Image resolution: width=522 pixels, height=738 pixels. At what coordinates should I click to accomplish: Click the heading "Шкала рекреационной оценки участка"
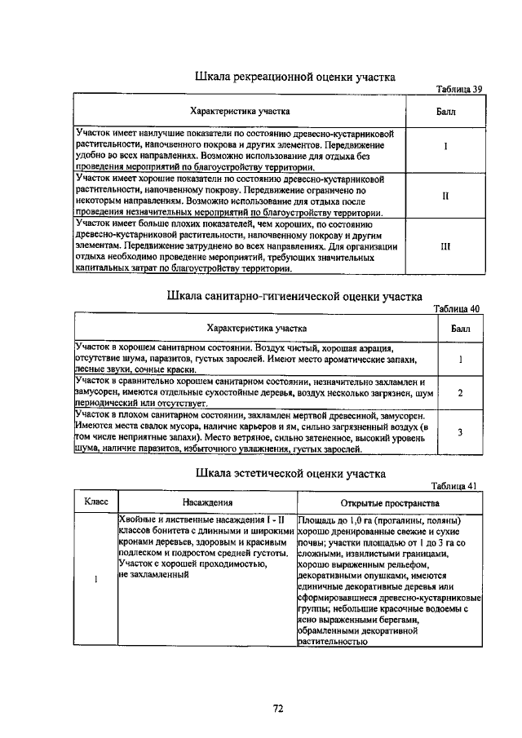295,77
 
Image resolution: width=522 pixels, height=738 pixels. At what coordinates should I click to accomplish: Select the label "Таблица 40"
458,308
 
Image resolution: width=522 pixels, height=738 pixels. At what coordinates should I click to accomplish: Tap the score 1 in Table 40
461,359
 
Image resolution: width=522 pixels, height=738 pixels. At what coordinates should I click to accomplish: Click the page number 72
277,709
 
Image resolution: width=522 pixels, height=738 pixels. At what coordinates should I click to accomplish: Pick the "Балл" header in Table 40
461,329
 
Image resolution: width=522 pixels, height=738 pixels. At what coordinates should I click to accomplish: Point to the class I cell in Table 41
96,580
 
